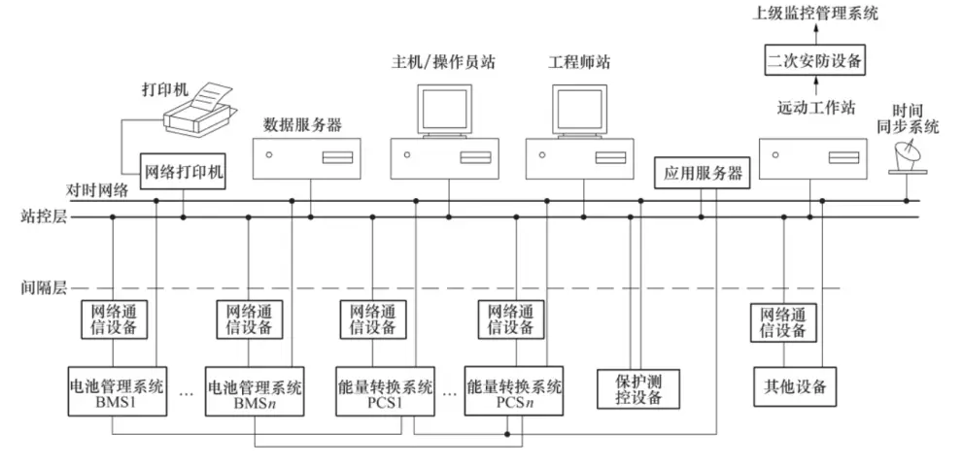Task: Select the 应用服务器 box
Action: (703, 174)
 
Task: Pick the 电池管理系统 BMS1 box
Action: (114, 387)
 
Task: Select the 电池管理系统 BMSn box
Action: (255, 387)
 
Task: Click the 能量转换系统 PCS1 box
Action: (384, 387)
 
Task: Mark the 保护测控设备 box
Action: (639, 387)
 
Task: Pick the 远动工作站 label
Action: (802, 110)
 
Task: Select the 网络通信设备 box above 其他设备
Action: (780, 320)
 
